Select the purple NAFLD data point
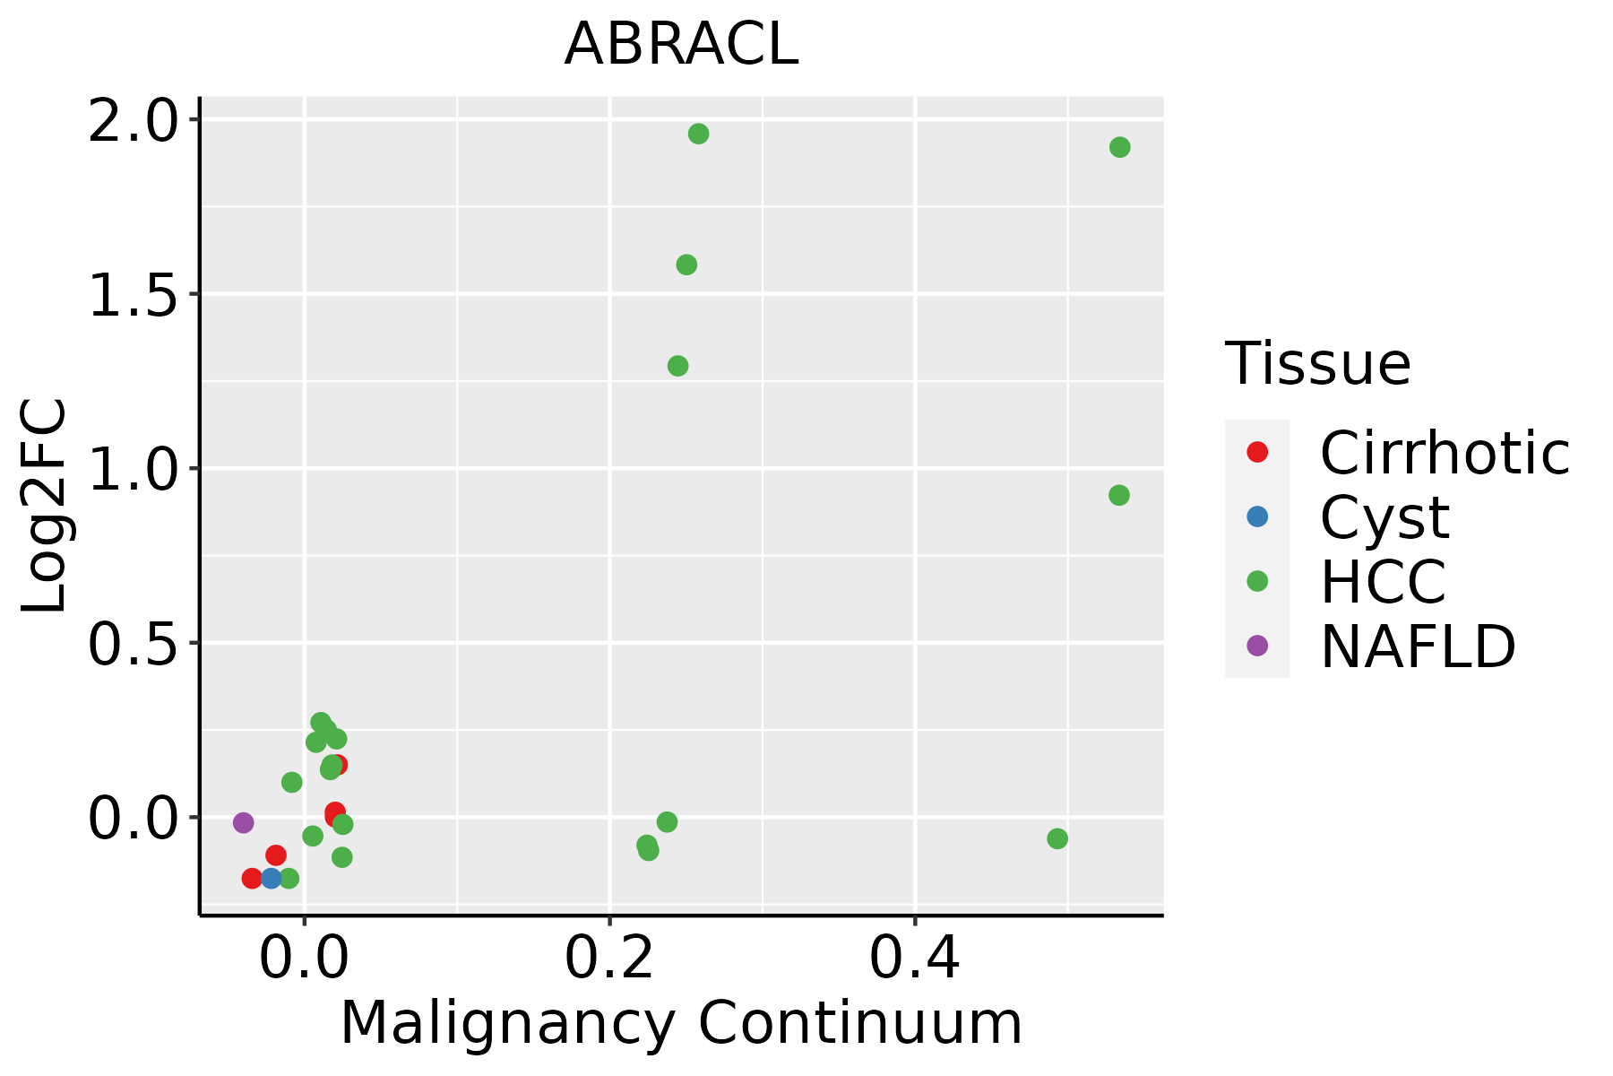[x=243, y=822]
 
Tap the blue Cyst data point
[x=272, y=878]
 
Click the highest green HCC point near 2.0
[x=698, y=134]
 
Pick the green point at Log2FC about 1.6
[x=686, y=265]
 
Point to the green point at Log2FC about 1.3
[x=677, y=366]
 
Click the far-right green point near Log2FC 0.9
[x=1118, y=495]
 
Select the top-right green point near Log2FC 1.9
[x=1119, y=147]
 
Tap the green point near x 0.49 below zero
[x=1057, y=838]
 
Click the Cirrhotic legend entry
[x=1444, y=453]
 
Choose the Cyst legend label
[x=1384, y=517]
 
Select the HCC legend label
[x=1383, y=581]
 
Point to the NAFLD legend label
[x=1418, y=646]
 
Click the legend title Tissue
[x=1317, y=364]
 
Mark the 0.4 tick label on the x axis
[x=915, y=959]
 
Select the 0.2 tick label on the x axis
[x=609, y=959]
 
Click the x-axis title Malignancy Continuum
[x=681, y=1023]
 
